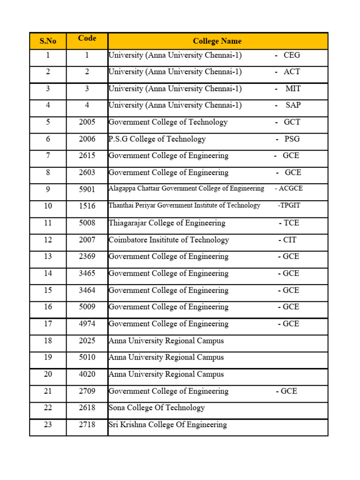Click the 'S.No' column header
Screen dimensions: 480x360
48,41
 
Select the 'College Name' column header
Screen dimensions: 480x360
217,41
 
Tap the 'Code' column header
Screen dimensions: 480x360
87,38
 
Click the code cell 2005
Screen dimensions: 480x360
87,122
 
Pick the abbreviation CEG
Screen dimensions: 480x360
292,55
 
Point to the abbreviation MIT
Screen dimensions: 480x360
293,89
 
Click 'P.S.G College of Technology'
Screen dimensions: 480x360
157,139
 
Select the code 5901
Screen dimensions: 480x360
87,189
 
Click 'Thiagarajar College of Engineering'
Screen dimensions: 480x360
167,223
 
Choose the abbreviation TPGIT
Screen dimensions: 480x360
289,205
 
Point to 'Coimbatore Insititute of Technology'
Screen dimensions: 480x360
169,240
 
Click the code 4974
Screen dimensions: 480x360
87,324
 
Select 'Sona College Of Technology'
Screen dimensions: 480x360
157,408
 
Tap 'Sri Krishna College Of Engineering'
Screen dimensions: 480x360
168,425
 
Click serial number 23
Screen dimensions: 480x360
48,425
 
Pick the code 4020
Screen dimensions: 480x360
87,374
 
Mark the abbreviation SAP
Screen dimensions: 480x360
293,105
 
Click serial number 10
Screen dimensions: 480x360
48,206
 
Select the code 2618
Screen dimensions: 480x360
87,408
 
